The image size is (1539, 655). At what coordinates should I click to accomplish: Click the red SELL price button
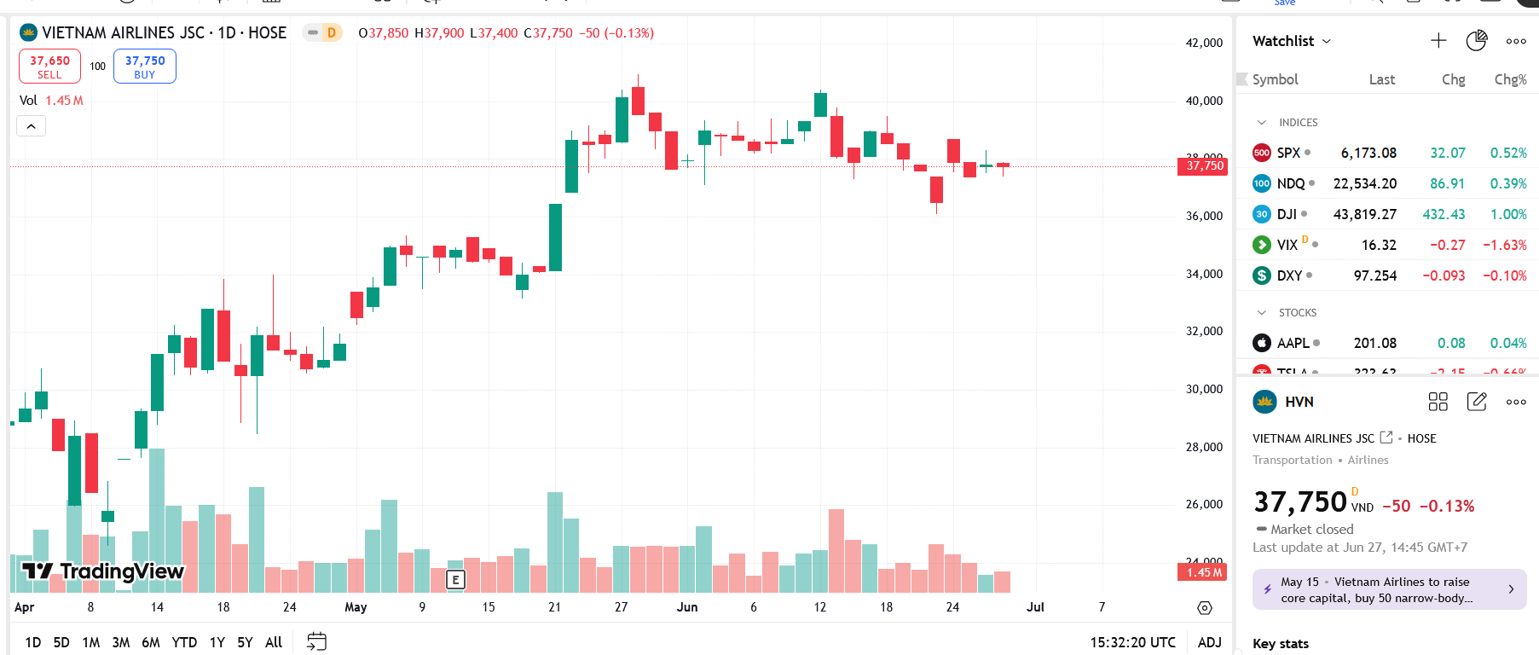(49, 67)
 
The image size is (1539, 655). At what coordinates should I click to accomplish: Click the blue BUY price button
(145, 67)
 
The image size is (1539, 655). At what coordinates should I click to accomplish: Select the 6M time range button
(151, 642)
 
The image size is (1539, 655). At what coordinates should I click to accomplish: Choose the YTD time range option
(184, 642)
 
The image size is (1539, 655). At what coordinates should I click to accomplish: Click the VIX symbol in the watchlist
(1287, 245)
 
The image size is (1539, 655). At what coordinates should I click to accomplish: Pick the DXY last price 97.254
(1374, 275)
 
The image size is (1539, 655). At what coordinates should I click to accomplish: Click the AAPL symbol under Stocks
(1293, 343)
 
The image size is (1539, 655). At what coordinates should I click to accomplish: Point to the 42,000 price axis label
(1204, 43)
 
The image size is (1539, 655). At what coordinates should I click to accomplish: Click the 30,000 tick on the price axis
(1204, 389)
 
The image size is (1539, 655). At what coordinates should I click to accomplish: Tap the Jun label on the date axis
(687, 607)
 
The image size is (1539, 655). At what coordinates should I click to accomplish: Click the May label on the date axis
(356, 607)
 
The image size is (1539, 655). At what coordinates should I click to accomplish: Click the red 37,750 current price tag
(1204, 165)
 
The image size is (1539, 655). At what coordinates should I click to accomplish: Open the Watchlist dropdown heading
(1291, 41)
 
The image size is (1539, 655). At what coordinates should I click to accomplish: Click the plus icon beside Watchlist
(1438, 41)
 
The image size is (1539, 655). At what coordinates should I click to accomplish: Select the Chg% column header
(1510, 79)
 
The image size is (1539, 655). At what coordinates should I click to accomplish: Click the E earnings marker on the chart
(456, 580)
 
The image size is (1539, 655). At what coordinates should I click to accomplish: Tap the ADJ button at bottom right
(1209, 642)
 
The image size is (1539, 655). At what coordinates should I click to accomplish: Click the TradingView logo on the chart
(103, 571)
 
